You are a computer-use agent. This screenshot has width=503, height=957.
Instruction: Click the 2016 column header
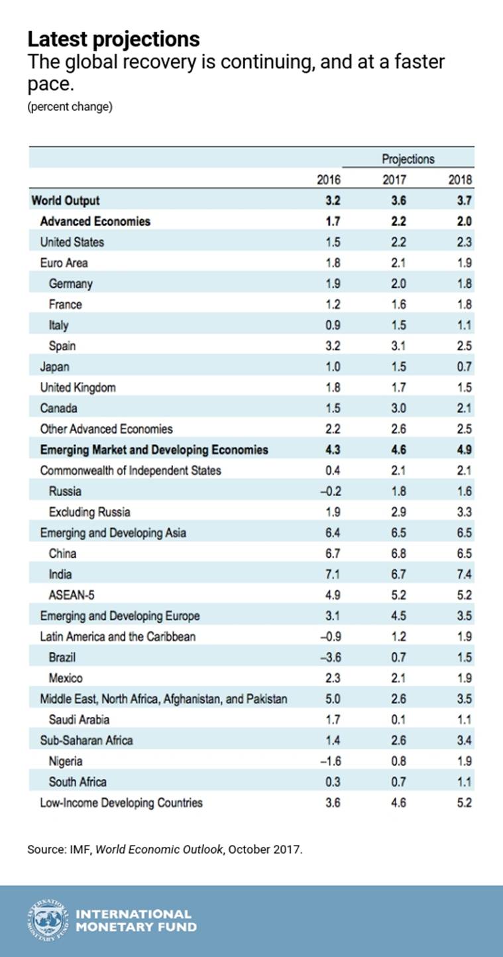[x=329, y=180]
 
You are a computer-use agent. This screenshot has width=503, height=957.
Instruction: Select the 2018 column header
[x=460, y=180]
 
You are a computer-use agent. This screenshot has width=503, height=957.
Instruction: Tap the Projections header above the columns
[x=408, y=159]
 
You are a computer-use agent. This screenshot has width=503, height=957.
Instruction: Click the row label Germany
[x=70, y=284]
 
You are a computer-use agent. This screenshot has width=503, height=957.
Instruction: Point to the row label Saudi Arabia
[x=79, y=720]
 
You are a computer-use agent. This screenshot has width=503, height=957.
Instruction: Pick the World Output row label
[x=66, y=201]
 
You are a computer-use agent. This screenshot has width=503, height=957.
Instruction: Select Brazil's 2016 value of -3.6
[x=330, y=657]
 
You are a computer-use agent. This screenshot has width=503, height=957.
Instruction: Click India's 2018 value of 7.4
[x=464, y=574]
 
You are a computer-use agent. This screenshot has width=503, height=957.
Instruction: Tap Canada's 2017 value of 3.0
[x=398, y=409]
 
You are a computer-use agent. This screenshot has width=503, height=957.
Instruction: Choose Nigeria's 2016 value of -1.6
[x=331, y=761]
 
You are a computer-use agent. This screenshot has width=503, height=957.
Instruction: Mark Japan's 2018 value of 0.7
[x=464, y=367]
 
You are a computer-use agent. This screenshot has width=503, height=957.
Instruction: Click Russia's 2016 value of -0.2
[x=331, y=491]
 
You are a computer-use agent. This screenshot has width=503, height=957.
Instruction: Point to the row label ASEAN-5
[x=72, y=595]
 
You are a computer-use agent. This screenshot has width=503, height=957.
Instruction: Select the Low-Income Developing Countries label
[x=121, y=803]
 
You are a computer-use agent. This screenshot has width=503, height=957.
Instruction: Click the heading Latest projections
[x=113, y=39]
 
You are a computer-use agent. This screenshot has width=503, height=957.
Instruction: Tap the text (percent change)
[x=70, y=106]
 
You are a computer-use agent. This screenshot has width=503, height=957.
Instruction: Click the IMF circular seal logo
[x=48, y=921]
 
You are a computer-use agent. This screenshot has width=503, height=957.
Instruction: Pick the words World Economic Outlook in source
[x=159, y=850]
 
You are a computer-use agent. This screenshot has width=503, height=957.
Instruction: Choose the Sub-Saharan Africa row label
[x=86, y=740]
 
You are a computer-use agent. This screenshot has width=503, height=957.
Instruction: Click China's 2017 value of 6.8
[x=398, y=554]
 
